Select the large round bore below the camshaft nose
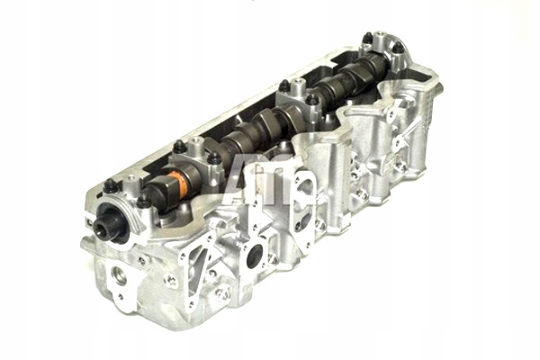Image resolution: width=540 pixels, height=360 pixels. [x=119, y=274]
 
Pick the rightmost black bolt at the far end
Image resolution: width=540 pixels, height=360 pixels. [x=397, y=44]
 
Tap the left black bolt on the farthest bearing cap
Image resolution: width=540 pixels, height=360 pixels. [x=367, y=39]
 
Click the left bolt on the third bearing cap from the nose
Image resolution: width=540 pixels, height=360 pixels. [x=284, y=85]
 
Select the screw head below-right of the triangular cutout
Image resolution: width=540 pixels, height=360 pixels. [x=221, y=292]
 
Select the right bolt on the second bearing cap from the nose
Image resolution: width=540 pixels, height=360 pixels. [x=215, y=158]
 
